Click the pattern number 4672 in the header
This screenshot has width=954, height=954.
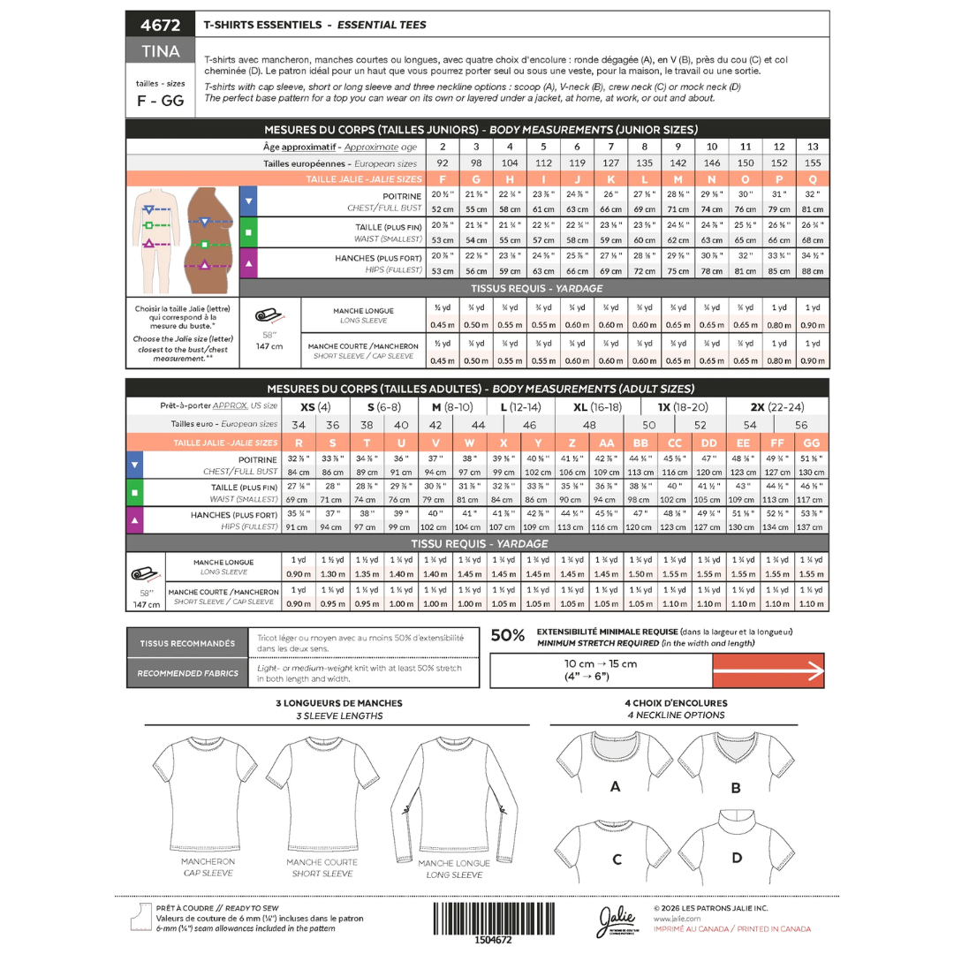pos(160,24)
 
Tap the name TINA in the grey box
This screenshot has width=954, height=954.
pos(160,51)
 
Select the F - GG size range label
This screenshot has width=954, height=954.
pos(160,101)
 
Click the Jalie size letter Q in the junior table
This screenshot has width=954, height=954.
pos(813,178)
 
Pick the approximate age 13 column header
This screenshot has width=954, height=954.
pos(813,147)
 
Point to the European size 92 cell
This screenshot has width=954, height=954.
pos(442,163)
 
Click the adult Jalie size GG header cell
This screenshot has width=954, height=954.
pos(812,443)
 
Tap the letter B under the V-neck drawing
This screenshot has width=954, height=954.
pos(735,788)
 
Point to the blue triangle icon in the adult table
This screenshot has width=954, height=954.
pos(134,465)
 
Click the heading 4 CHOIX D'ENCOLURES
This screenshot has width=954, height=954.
pos(677,703)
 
